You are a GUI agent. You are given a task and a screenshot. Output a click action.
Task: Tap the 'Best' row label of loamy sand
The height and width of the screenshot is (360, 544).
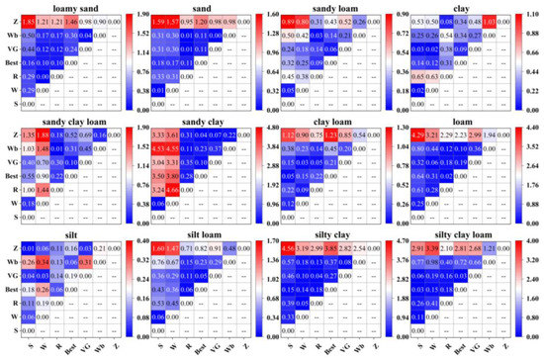(x=11, y=62)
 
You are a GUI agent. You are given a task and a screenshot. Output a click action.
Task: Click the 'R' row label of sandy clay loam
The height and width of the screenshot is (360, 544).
(x=14, y=188)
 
